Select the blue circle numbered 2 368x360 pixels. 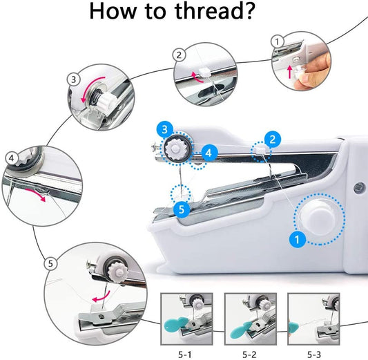[273, 140]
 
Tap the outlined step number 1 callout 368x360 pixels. [278, 41]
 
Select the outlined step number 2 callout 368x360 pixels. [179, 55]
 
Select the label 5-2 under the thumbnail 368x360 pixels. [249, 349]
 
